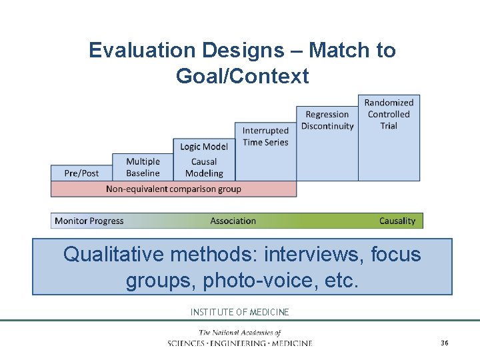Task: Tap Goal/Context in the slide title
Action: click(242, 76)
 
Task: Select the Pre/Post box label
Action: click(81, 173)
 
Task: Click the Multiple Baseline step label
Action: click(143, 167)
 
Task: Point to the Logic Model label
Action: click(204, 147)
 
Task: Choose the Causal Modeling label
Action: click(204, 167)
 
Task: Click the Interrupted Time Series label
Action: click(265, 136)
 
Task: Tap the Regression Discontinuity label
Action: click(327, 120)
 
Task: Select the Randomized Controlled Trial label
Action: click(389, 114)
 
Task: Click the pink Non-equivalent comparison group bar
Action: click(173, 189)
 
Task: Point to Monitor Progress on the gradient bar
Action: click(89, 221)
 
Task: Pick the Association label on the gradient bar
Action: click(233, 221)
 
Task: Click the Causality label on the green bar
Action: click(397, 221)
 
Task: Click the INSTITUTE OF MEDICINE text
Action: click(240, 312)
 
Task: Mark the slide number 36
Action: click(444, 343)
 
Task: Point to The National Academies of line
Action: click(240, 333)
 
